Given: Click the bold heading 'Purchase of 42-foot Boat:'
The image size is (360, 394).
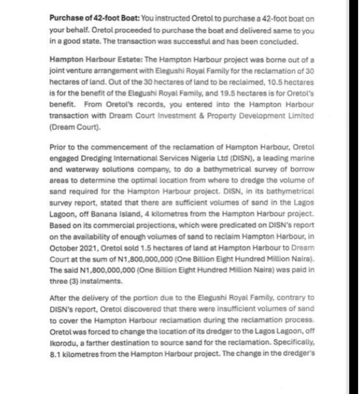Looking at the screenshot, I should [94, 18].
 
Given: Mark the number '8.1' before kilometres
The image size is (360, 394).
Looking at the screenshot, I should [57, 354].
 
